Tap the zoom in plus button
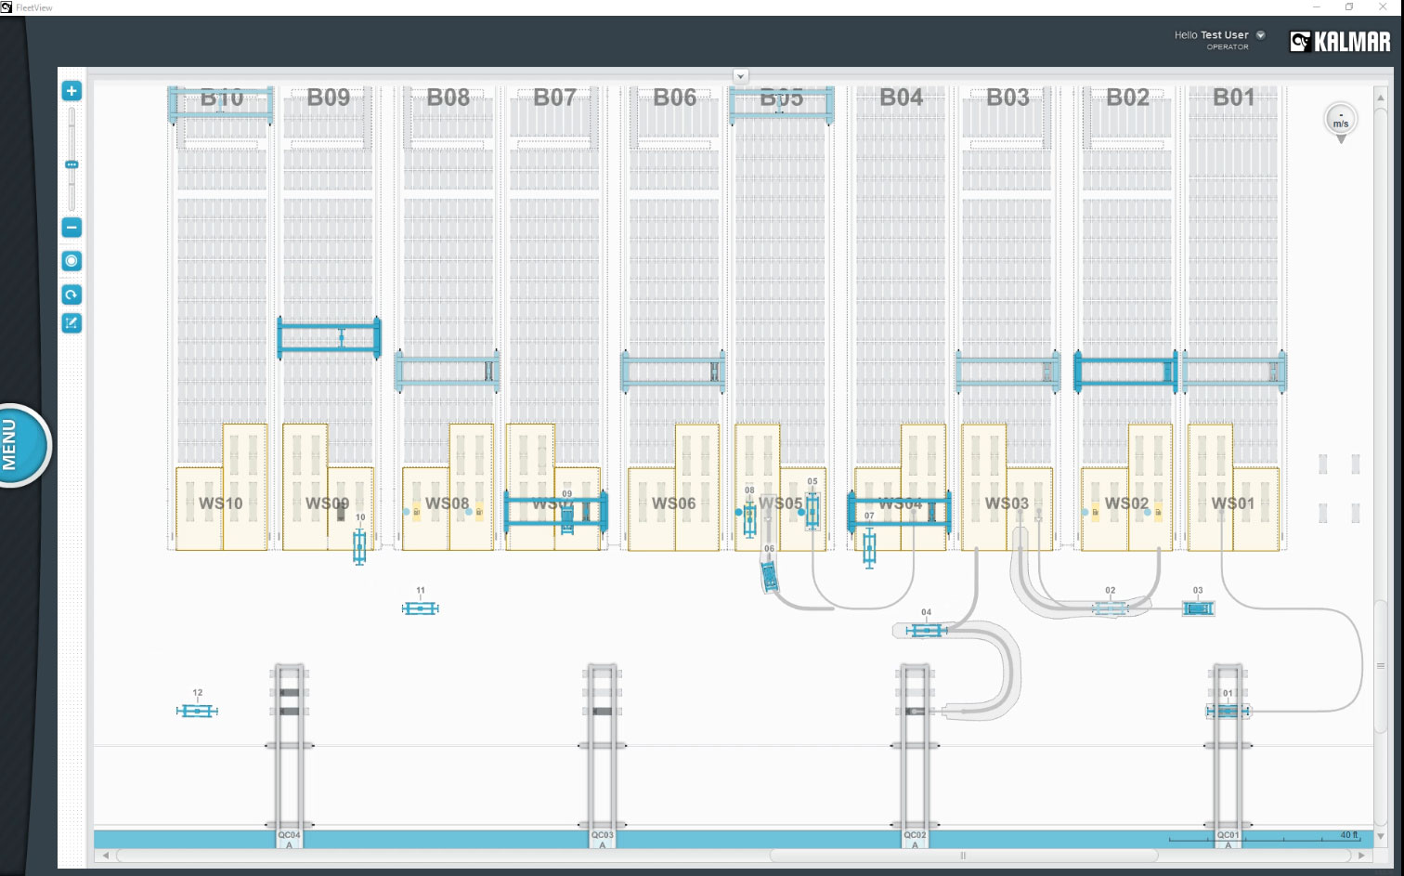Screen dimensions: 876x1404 click(x=71, y=91)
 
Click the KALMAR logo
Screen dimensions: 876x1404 click(x=1340, y=41)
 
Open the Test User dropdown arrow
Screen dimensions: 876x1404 click(x=1261, y=35)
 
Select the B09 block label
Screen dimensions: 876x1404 click(x=329, y=98)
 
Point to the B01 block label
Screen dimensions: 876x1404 click(x=1233, y=98)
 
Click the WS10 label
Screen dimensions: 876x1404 click(x=221, y=503)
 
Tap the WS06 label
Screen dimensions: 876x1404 click(x=673, y=503)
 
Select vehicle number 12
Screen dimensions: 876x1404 click(x=197, y=711)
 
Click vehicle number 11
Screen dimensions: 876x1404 click(x=420, y=608)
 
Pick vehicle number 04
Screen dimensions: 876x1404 click(x=926, y=631)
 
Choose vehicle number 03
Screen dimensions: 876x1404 click(x=1198, y=608)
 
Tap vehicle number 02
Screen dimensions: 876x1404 click(x=1111, y=608)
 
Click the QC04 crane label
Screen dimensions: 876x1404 click(x=290, y=835)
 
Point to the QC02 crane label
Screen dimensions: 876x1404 click(x=915, y=835)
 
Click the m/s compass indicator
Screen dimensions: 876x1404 click(x=1340, y=121)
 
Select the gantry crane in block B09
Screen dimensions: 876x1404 click(x=330, y=338)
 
